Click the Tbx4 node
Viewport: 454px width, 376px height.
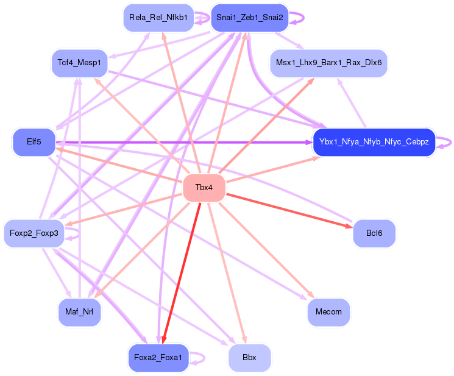[204, 187]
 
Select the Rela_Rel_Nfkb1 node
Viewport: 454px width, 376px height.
[158, 18]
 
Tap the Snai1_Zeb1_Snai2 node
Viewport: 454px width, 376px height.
[249, 18]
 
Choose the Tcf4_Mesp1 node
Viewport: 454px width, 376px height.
[79, 63]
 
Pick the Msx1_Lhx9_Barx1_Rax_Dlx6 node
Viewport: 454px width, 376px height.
[328, 63]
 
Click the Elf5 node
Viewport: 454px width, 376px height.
[34, 143]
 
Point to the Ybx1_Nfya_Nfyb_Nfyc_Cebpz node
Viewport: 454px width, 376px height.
[374, 143]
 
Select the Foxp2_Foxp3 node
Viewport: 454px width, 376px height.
[34, 233]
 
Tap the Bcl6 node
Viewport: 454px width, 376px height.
[374, 233]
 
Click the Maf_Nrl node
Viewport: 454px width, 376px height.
[79, 312]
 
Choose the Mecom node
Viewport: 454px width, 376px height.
[328, 312]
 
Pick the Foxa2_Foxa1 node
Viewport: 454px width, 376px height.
[158, 358]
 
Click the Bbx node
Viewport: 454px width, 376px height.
[249, 358]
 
